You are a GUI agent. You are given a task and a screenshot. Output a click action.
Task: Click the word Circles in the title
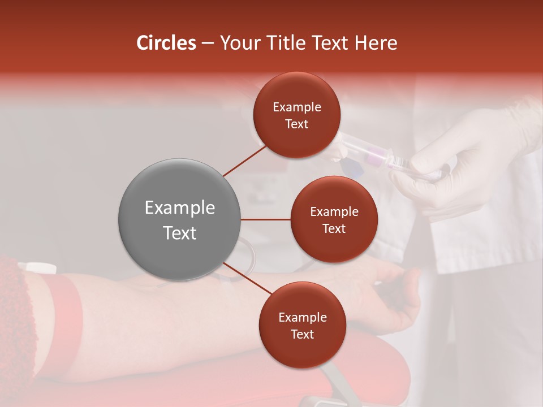(166, 43)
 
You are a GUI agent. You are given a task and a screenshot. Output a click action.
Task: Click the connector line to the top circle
(245, 161)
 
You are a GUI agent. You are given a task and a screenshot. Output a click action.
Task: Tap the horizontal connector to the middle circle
(265, 219)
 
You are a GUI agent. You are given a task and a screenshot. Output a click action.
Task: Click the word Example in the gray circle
(179, 208)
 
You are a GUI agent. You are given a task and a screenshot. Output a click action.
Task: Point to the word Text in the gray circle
(179, 233)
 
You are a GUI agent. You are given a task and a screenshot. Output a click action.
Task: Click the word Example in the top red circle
(297, 107)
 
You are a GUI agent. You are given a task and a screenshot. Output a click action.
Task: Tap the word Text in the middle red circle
(334, 228)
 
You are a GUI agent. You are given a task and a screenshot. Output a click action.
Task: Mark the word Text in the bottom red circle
(302, 334)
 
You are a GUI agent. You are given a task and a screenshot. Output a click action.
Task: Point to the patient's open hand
(396, 294)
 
